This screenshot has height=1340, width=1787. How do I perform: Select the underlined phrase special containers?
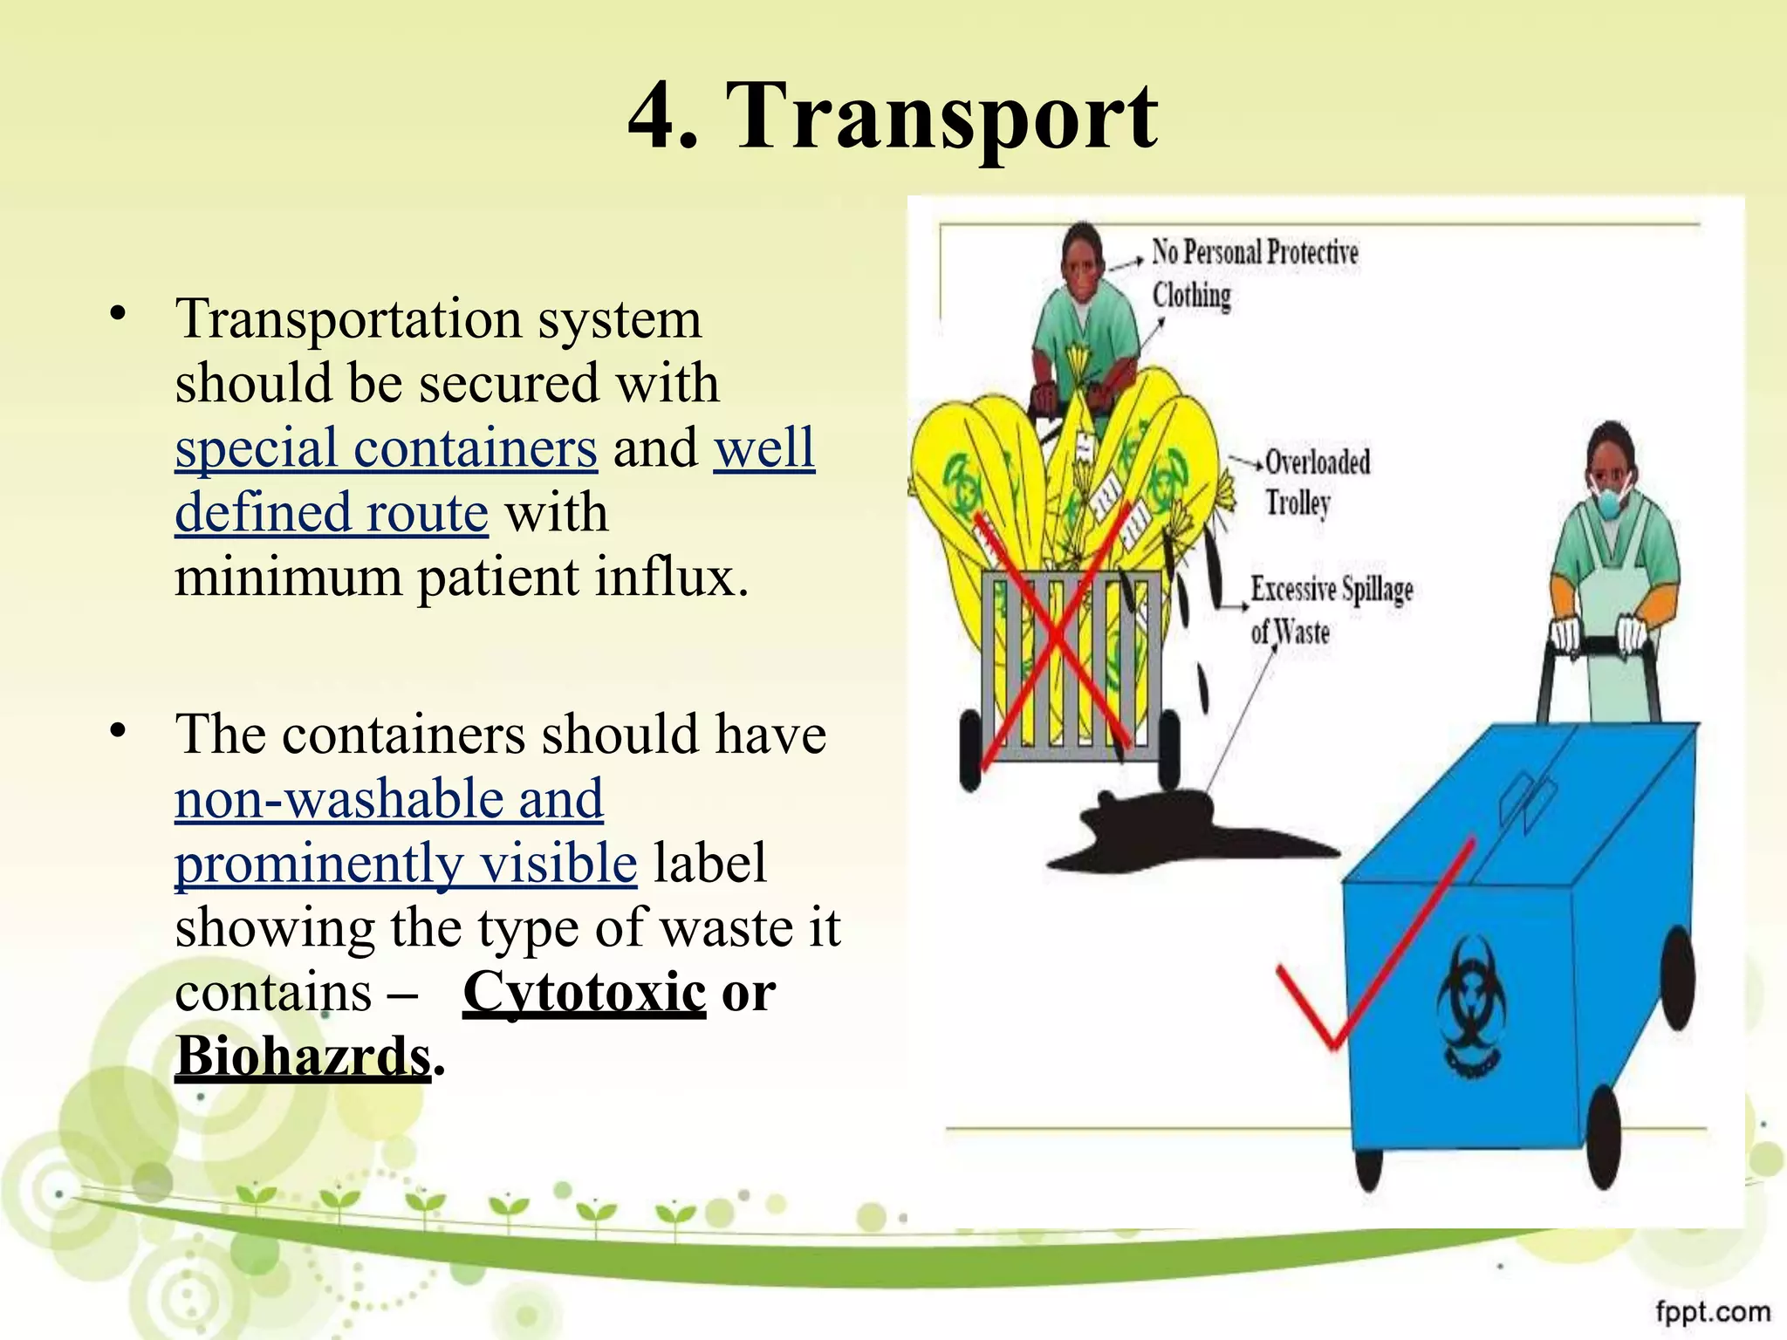[x=386, y=448]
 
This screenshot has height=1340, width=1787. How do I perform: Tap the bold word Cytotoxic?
[x=584, y=992]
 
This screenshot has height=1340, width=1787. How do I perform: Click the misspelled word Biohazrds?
[x=303, y=1056]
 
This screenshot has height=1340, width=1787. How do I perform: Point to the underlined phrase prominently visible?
[x=406, y=864]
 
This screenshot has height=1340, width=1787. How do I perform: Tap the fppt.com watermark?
[x=1712, y=1311]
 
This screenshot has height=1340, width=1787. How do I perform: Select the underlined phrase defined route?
[x=331, y=513]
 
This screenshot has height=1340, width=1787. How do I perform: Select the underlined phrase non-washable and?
[x=388, y=799]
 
